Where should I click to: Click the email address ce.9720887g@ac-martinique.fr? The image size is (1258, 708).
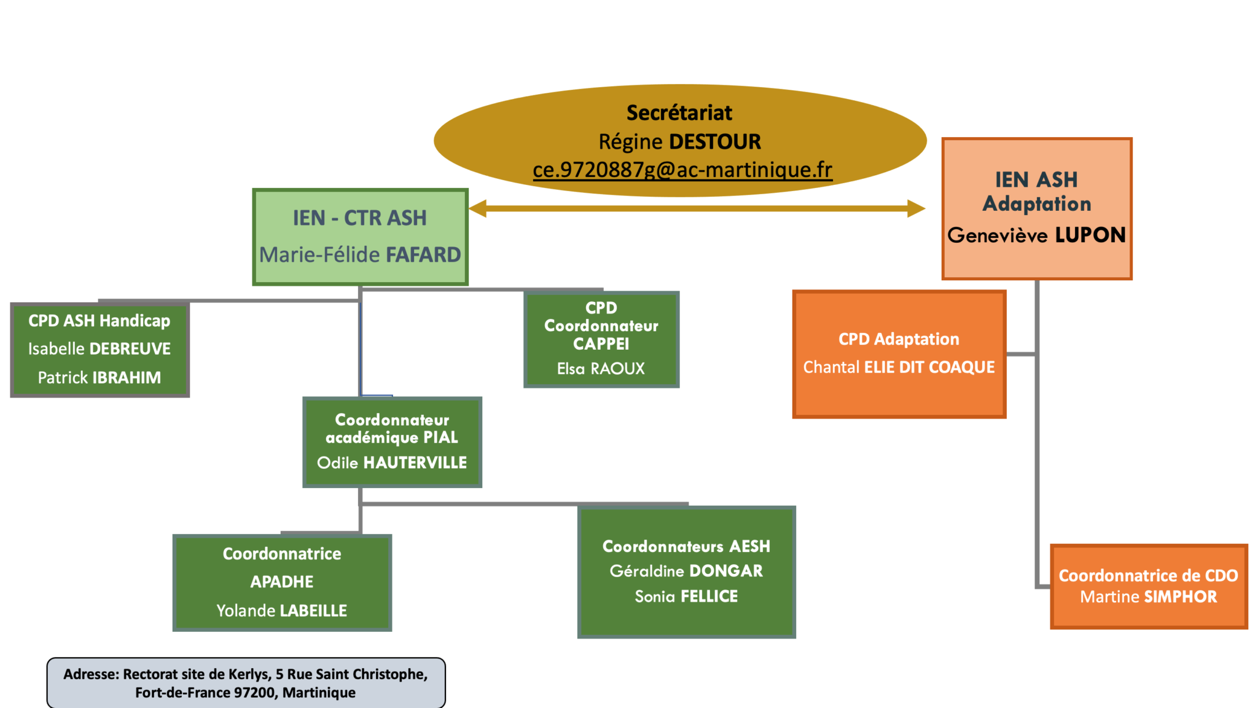682,170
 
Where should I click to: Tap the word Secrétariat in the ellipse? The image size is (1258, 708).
679,113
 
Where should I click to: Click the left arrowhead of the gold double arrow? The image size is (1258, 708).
478,208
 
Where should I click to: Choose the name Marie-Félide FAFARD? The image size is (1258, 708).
360,254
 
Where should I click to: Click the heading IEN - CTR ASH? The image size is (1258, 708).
360,218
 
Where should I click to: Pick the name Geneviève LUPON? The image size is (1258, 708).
1036,235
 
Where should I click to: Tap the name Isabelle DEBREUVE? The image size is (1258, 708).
100,349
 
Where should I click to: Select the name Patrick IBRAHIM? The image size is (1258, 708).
100,377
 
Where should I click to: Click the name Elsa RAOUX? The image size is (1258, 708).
601,369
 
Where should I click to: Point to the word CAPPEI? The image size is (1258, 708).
601,344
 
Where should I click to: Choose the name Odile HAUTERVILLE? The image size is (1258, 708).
392,463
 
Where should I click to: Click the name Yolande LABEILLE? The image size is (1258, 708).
281,611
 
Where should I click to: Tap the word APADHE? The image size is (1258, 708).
281,582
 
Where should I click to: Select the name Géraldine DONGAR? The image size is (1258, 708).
686,571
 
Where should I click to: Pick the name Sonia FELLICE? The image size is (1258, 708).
686,597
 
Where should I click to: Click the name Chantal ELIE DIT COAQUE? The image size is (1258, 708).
899,368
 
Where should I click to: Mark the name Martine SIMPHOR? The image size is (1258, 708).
1148,597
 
